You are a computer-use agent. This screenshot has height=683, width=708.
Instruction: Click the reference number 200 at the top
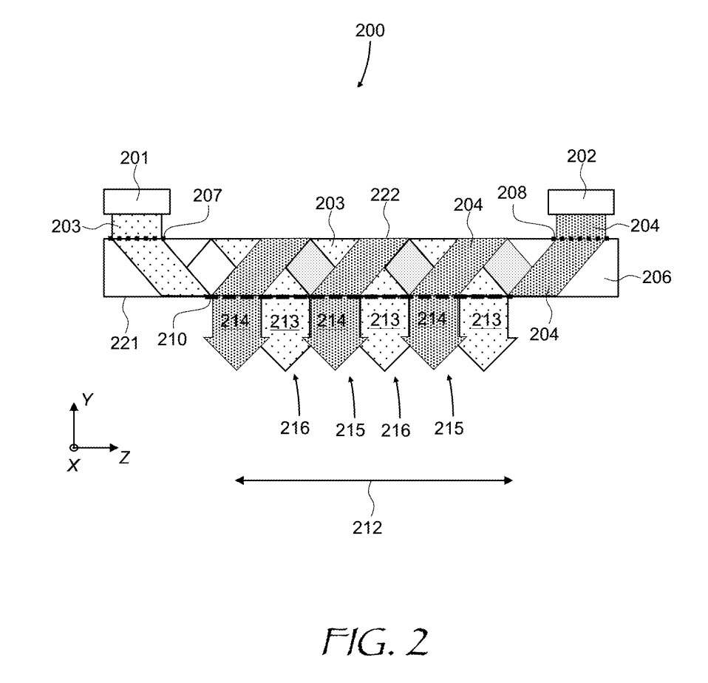pos(370,31)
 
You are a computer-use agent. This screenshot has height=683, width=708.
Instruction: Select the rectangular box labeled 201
pos(137,201)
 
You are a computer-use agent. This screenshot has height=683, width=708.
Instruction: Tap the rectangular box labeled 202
pos(580,201)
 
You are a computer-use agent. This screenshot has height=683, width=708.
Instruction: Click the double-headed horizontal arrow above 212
pos(373,480)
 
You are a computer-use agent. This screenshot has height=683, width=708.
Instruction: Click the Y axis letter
pos(87,400)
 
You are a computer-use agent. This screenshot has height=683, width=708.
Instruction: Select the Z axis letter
pos(124,458)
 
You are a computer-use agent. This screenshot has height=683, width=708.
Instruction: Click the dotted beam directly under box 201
pos(135,225)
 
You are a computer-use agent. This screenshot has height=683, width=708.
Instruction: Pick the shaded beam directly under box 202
pos(580,225)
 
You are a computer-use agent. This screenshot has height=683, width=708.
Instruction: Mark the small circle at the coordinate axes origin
pos(73,448)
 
